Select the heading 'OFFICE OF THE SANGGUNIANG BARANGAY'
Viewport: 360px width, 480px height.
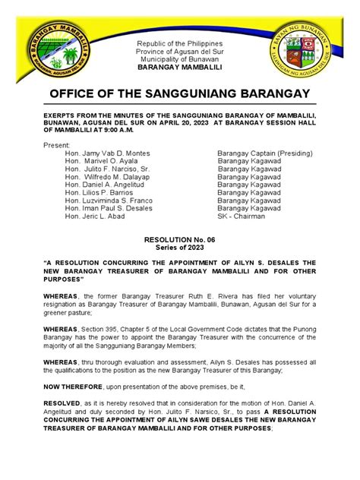pyautogui.click(x=179, y=93)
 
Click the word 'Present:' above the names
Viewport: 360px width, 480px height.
pyautogui.click(x=56, y=144)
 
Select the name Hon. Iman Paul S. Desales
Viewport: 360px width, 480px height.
pyautogui.click(x=109, y=216)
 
